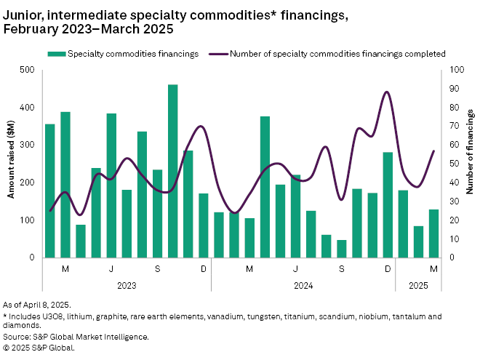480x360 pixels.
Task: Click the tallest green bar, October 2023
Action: [x=173, y=171]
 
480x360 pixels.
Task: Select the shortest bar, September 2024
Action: [x=342, y=249]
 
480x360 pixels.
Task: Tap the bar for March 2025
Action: [x=433, y=233]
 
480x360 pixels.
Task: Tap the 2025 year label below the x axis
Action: [x=418, y=286]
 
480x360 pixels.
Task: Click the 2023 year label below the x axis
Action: [x=126, y=286]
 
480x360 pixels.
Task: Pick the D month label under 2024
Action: [x=388, y=270]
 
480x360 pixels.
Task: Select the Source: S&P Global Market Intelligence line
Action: [x=76, y=337]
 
